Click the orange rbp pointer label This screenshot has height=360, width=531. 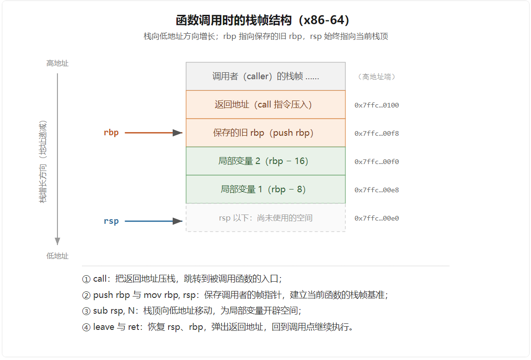111,133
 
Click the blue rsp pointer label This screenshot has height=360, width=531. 111,221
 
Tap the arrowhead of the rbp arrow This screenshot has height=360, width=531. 177,133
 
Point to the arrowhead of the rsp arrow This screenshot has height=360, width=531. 177,221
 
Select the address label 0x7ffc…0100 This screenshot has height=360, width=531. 376,105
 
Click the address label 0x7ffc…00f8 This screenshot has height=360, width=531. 376,133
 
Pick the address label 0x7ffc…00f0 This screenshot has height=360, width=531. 376,162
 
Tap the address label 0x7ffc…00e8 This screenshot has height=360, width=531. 376,190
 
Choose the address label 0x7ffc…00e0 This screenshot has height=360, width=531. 376,218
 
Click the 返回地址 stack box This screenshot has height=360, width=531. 266,104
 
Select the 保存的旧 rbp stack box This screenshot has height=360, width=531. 266,133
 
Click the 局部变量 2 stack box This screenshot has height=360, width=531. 266,161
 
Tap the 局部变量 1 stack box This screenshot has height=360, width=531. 266,189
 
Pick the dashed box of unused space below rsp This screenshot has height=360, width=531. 266,218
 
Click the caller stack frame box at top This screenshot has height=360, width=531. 266,76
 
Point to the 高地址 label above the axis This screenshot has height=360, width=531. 57,63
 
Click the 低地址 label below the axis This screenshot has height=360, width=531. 57,256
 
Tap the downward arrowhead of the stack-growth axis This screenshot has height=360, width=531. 57,241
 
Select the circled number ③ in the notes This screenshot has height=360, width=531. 87,311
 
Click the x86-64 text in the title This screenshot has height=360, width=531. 324,20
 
